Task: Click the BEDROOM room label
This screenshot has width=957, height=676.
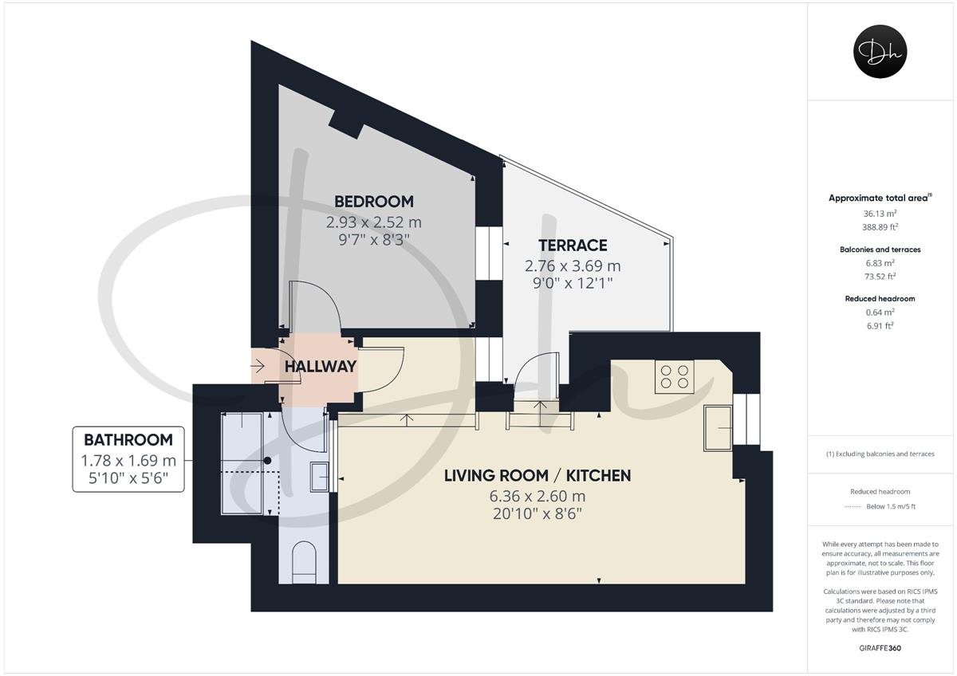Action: [374, 202]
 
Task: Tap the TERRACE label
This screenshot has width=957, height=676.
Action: [573, 246]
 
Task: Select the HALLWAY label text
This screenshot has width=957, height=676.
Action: [321, 367]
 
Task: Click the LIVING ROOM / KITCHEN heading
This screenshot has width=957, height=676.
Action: [538, 476]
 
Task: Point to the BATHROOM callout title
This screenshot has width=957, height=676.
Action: [128, 440]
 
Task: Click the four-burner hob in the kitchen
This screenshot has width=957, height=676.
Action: [674, 376]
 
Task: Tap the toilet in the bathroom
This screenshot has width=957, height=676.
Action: [304, 562]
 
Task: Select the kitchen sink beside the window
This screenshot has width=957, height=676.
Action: [718, 428]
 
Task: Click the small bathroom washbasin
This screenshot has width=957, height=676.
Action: [319, 477]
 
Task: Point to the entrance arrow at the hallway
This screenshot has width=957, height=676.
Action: [258, 366]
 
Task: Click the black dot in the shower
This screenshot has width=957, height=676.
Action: [267, 460]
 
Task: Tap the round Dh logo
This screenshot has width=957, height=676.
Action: [880, 51]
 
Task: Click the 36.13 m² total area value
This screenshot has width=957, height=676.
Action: [880, 214]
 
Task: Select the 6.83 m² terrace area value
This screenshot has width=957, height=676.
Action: [880, 263]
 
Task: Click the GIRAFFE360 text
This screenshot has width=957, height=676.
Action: [880, 648]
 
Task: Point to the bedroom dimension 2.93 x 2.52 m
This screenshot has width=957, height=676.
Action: [374, 222]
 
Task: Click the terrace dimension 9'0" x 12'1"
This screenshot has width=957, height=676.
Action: [573, 283]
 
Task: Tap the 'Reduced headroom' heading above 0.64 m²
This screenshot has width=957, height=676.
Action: [880, 298]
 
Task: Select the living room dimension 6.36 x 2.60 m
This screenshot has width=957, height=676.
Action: [538, 496]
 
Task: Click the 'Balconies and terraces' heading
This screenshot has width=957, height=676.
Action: [880, 250]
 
